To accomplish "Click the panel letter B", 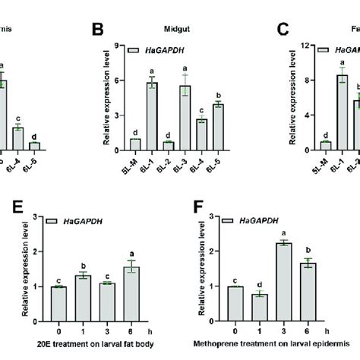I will tap(97, 30).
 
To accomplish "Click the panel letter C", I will tap(283, 30).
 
